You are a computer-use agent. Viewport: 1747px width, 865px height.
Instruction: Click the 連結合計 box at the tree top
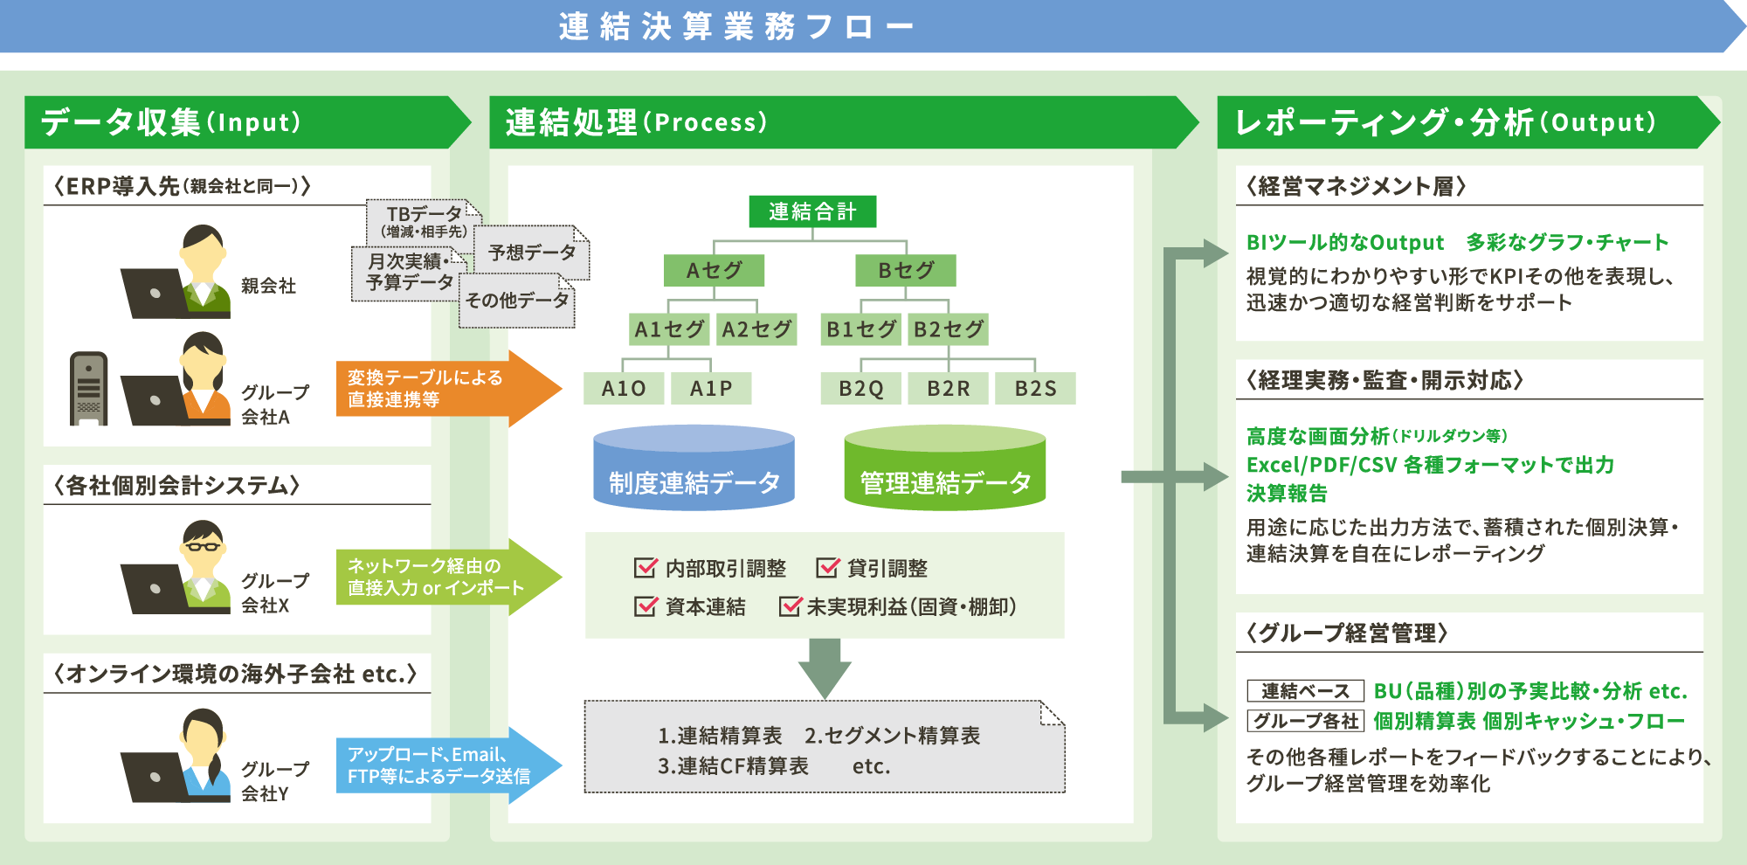tap(812, 211)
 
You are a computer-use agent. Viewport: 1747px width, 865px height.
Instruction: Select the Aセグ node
tap(714, 270)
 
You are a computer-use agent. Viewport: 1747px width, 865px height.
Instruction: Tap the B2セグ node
tap(949, 329)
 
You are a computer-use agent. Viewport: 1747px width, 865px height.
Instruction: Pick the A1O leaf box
tap(624, 388)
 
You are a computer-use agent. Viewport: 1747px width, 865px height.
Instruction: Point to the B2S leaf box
tap(1035, 388)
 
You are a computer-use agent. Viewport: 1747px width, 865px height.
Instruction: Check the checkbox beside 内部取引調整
tap(645, 568)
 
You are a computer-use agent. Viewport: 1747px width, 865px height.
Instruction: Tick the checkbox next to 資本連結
tap(645, 606)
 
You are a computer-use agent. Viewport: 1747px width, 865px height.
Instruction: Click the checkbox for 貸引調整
tap(826, 568)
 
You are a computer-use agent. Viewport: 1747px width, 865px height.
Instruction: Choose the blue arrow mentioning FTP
tap(445, 765)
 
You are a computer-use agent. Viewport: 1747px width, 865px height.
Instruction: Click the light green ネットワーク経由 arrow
tap(445, 577)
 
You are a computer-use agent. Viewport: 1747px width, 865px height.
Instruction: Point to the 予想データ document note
tap(532, 253)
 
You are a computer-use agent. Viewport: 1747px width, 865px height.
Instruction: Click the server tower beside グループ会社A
tap(89, 389)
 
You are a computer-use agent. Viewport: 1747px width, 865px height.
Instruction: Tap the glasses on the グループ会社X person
tap(203, 547)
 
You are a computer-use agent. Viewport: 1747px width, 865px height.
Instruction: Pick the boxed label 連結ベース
tap(1305, 691)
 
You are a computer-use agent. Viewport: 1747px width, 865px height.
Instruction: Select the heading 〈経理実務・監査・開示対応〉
tap(1384, 380)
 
